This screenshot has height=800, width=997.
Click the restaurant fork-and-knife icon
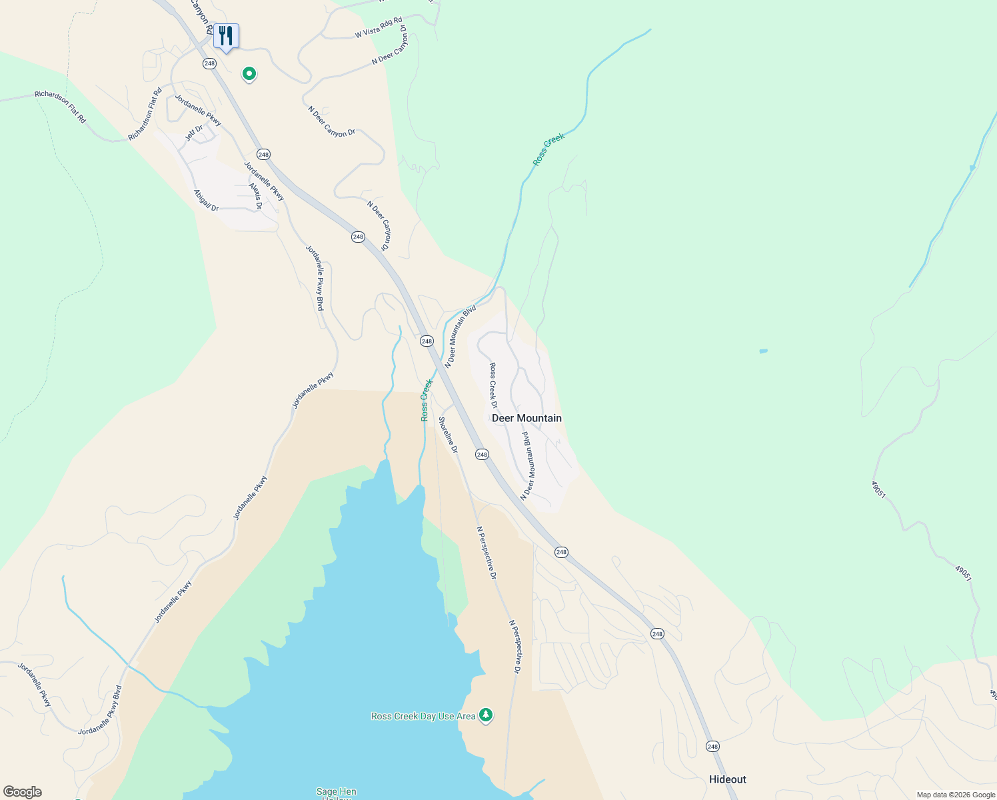[226, 36]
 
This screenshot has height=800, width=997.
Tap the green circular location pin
[249, 73]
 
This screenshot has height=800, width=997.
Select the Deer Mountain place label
[526, 418]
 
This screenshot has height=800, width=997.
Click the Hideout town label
[727, 779]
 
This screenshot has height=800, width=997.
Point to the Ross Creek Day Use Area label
[423, 716]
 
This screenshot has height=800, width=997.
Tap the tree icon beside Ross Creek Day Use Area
[486, 715]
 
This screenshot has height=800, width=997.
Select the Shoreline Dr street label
[448, 435]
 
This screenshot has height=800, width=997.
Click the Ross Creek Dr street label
[493, 385]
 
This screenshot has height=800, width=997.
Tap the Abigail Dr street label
[206, 200]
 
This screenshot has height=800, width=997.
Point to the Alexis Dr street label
[256, 197]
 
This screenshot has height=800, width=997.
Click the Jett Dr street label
[193, 133]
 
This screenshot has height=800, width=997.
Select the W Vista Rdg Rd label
[379, 27]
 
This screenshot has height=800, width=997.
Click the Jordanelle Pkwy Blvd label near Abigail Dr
[315, 277]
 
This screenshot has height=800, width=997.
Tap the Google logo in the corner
[22, 792]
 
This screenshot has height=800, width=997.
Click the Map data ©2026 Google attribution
[956, 795]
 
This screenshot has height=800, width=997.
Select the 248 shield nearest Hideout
[712, 746]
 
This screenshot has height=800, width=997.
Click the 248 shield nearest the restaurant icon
[210, 63]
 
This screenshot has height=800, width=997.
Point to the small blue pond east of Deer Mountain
[763, 351]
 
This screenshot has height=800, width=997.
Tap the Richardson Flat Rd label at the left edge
[61, 107]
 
